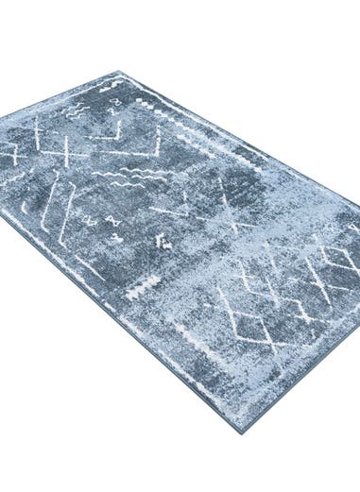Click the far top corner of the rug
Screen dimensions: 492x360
coord(121,72)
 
